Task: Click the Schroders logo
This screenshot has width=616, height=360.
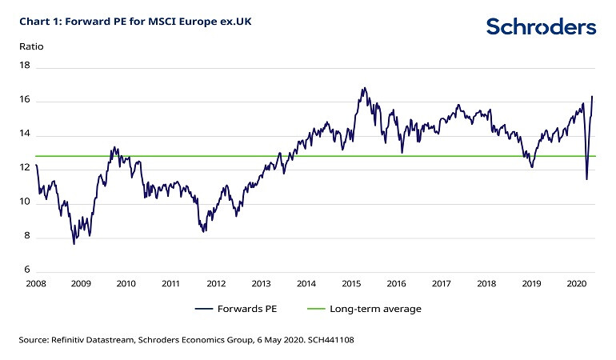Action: pyautogui.click(x=541, y=27)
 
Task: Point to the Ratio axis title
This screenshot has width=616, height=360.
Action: pyautogui.click(x=31, y=46)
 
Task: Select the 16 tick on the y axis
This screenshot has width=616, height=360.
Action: pyautogui.click(x=25, y=101)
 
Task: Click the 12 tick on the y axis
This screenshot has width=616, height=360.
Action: pyautogui.click(x=25, y=169)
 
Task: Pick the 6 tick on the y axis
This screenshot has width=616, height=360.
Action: pyautogui.click(x=27, y=270)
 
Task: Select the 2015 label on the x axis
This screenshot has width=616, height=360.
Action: pyautogui.click(x=350, y=283)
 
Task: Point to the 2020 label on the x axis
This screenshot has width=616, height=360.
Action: pyautogui.click(x=575, y=283)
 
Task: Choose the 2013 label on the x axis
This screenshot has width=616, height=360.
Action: pyautogui.click(x=261, y=283)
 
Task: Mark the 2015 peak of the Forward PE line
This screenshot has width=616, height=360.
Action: pyautogui.click(x=363, y=88)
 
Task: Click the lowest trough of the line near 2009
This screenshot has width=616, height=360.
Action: pyautogui.click(x=74, y=243)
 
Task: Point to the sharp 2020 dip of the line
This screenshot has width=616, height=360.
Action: pyautogui.click(x=586, y=179)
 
